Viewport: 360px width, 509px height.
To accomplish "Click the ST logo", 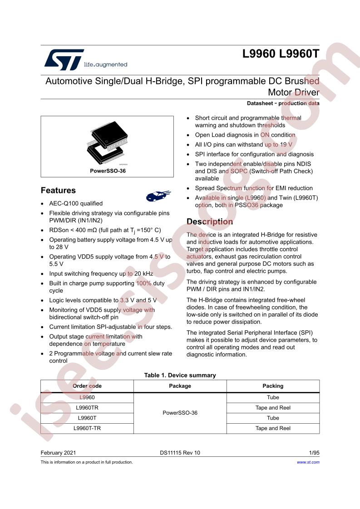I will (x=64, y=60).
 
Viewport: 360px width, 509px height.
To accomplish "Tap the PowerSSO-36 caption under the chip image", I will (x=107, y=172).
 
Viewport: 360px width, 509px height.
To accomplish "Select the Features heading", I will (x=58, y=191).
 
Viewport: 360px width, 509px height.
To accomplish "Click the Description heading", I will (x=210, y=222).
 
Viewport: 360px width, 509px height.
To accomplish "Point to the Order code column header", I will (x=87, y=386).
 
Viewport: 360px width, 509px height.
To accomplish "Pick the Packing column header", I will (x=273, y=386).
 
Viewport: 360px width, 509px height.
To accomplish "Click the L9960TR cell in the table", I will (x=87, y=407).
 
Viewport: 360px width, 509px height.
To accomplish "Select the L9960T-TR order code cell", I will (x=87, y=428).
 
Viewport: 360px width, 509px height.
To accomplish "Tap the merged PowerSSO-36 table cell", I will (x=180, y=413).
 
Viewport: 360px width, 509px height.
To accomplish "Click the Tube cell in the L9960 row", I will (x=273, y=397).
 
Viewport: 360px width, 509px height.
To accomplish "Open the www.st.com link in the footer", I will (x=308, y=462).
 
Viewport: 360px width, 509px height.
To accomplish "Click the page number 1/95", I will (x=314, y=453).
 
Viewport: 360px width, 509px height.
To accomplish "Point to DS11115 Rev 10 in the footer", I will (x=180, y=453).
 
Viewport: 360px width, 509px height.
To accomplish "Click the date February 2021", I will (x=59, y=453).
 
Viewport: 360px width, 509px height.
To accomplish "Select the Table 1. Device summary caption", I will (x=180, y=375).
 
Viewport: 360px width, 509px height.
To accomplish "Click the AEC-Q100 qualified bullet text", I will (x=76, y=204).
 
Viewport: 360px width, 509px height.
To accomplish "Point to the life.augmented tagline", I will (x=106, y=64).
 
